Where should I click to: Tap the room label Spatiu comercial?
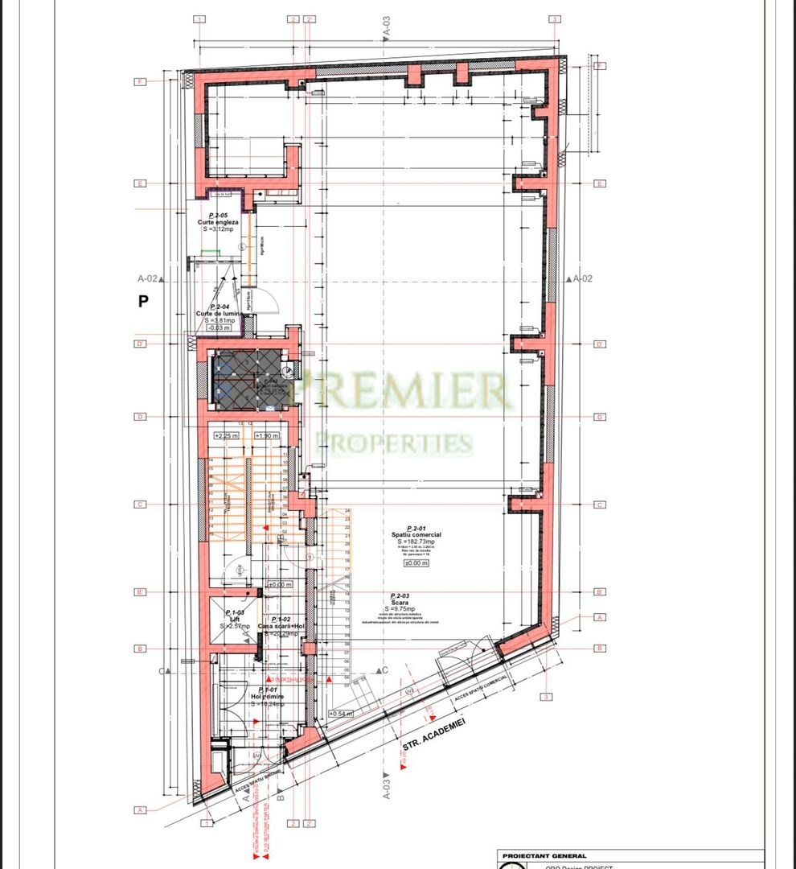coord(424,534)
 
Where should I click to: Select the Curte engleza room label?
coord(218,221)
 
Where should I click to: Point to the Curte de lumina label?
coord(219,314)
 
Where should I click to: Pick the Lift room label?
coord(235,619)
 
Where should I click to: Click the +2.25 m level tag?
coord(222,435)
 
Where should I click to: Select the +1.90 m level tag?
coord(266,435)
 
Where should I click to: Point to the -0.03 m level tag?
coord(219,327)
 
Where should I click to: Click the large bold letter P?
coord(144,302)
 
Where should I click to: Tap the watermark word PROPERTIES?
coord(394,442)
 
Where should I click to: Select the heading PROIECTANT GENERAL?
coord(544,856)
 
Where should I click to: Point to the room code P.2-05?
coord(216,215)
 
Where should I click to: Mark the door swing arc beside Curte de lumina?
coord(270,304)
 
